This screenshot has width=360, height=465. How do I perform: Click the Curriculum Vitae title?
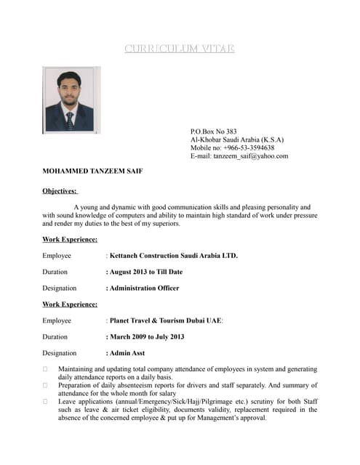point(180,49)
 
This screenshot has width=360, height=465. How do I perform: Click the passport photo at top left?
point(71,100)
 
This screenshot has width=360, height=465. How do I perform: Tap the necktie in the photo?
point(69,119)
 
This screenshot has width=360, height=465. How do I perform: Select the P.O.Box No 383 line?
point(213,132)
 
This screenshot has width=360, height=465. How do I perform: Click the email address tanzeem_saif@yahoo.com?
point(255,155)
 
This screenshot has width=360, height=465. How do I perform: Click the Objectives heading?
point(60,191)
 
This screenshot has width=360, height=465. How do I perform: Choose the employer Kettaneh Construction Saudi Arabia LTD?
point(173,256)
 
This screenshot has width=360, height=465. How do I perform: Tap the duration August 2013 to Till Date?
point(145,272)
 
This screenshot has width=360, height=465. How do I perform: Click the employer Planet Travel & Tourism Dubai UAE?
point(166,320)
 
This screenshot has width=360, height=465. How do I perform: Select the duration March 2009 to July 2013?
point(146,336)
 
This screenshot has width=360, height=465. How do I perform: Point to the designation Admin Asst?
point(127,353)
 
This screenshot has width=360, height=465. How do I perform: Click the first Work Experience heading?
point(70,239)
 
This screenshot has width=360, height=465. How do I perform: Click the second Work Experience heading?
point(70,304)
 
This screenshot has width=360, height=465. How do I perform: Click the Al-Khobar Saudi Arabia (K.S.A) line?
point(237,139)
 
